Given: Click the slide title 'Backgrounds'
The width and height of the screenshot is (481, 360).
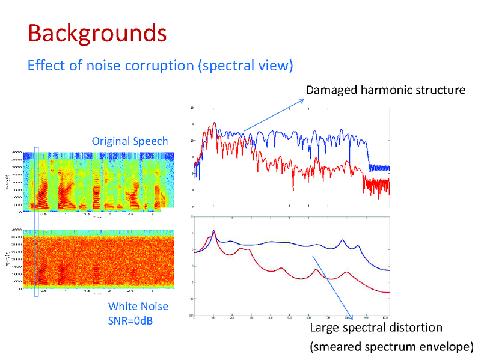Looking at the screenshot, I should coord(97,33).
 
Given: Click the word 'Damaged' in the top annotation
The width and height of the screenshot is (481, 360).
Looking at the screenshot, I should coord(332,90).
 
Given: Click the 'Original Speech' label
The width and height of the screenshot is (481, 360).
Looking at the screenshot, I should coord(129,141).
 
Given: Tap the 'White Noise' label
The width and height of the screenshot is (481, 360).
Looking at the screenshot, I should coord(138,307).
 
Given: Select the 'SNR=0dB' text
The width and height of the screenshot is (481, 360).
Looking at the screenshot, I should coord(130,320).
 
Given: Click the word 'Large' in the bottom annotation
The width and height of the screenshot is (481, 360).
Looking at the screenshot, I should coord(324,328).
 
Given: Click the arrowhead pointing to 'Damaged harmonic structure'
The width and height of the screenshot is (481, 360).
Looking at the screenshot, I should coord(302,100).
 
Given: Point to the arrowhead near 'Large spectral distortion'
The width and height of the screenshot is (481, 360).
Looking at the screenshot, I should coord(351,317).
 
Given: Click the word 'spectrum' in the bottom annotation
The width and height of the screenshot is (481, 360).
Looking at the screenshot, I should coord(394,347).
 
